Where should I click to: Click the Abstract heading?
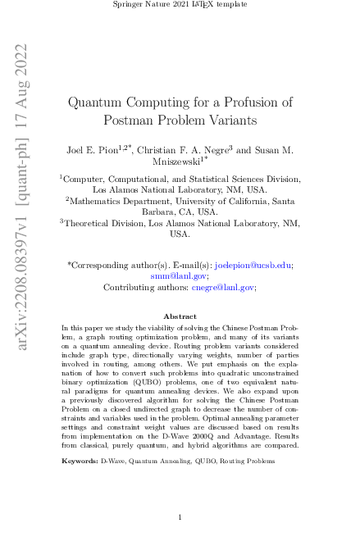click(180, 316)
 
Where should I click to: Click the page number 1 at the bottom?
click(180, 518)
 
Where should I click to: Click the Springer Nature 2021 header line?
click(180, 6)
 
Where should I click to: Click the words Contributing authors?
click(136, 288)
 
